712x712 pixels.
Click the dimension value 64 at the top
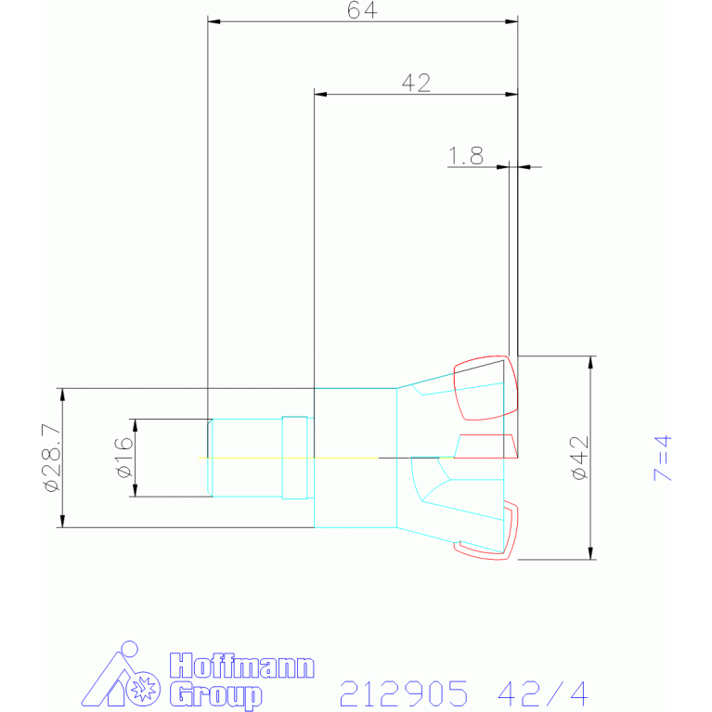coord(362,10)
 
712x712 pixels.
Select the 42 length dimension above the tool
coord(416,84)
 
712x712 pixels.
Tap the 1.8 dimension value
coord(465,156)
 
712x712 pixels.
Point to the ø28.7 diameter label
coord(52,458)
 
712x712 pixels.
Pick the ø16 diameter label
coord(124,458)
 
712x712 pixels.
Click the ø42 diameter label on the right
coord(580,458)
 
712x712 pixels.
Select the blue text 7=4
coord(662,458)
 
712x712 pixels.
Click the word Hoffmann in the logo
coord(242,667)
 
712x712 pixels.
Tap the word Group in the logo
coord(216,694)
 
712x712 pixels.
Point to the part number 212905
coord(404,693)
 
